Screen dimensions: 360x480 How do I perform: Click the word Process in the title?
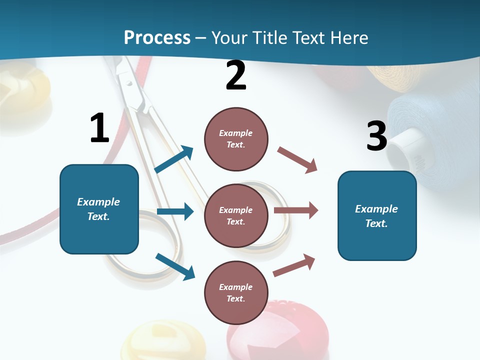[157, 37]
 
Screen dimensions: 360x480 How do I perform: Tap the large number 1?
[99, 128]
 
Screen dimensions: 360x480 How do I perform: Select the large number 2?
[236, 75]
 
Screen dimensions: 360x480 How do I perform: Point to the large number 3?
[376, 136]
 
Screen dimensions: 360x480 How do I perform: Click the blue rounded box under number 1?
[99, 209]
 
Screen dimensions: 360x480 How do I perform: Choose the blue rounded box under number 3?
[377, 215]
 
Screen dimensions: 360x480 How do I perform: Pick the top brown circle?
[236, 139]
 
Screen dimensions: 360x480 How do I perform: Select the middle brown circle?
[236, 215]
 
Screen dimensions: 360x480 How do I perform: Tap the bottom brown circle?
[236, 292]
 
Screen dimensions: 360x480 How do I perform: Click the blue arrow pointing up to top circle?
[174, 159]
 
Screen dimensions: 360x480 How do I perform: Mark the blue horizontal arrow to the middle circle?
[175, 211]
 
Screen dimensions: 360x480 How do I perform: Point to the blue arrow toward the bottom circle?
[175, 266]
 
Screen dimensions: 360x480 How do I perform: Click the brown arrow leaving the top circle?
[297, 160]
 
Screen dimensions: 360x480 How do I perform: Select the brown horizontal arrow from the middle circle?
[296, 210]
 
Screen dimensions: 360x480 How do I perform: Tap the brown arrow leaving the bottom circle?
[294, 265]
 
